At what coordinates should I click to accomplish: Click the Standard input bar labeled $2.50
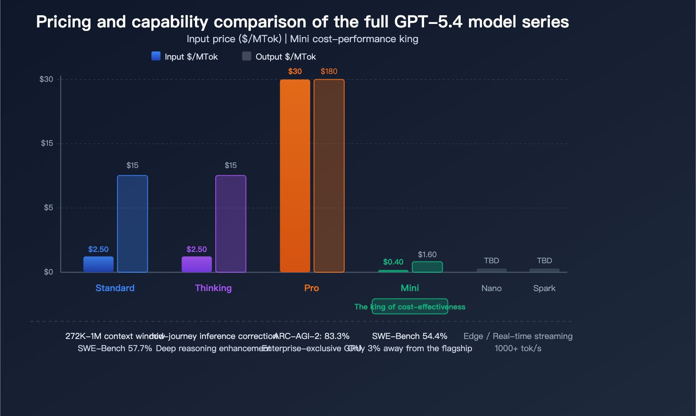coord(98,264)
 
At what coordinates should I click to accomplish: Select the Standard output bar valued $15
coord(132,224)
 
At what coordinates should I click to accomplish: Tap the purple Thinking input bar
coord(197,264)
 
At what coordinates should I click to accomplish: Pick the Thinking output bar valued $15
coord(231,224)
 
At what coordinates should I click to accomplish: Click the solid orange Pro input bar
coord(295,176)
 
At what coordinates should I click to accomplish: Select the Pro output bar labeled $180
coord(329,176)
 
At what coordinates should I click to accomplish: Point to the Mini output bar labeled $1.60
coord(427,267)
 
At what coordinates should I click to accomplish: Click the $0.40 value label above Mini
coord(393,262)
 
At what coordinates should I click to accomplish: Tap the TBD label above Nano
coord(492,261)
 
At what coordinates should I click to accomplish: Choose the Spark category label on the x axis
coord(544,288)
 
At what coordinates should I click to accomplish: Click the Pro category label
coord(311,288)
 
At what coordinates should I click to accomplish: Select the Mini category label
coord(410,288)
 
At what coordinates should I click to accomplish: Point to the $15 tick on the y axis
coord(47,143)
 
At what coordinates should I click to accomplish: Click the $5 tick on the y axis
coord(48,208)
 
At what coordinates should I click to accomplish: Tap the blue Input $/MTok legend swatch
coord(156,56)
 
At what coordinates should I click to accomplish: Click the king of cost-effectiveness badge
coord(410,306)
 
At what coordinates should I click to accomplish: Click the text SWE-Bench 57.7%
coord(115,348)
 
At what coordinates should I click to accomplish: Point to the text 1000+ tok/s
coord(518,348)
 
